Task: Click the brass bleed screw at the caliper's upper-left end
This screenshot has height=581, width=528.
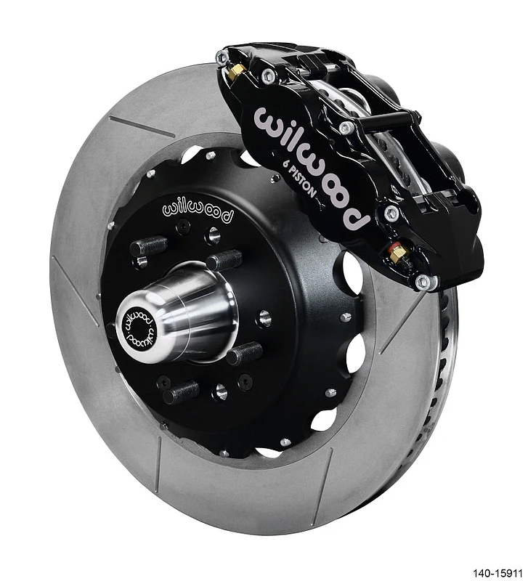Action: pyautogui.click(x=236, y=71)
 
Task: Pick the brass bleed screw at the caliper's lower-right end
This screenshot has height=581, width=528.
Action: pyautogui.click(x=398, y=254)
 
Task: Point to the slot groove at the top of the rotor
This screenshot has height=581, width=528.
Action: pyautogui.click(x=142, y=126)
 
